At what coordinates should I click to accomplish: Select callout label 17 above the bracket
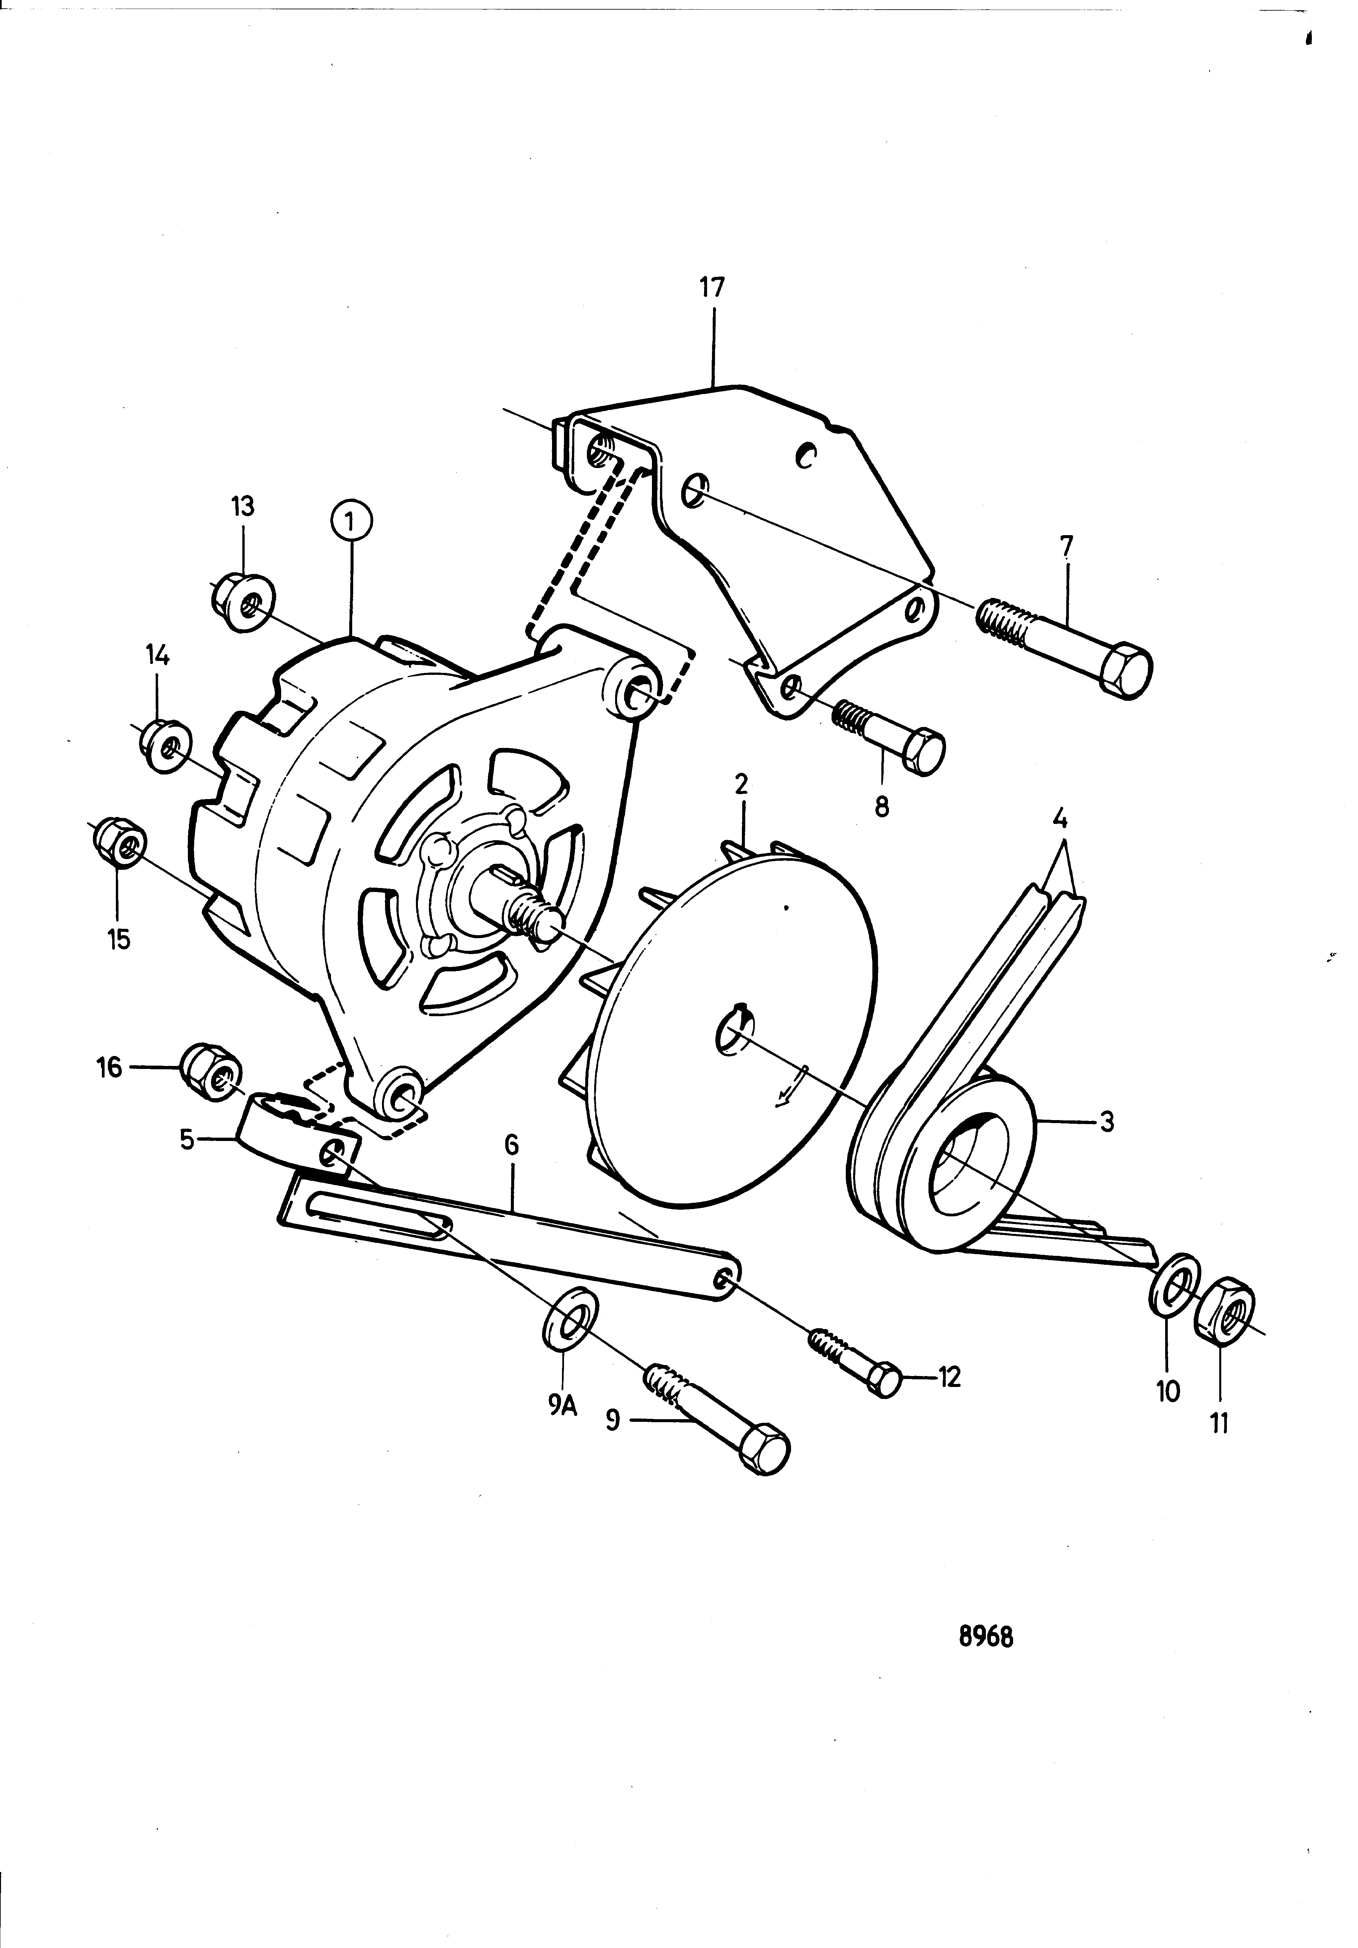712,287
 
